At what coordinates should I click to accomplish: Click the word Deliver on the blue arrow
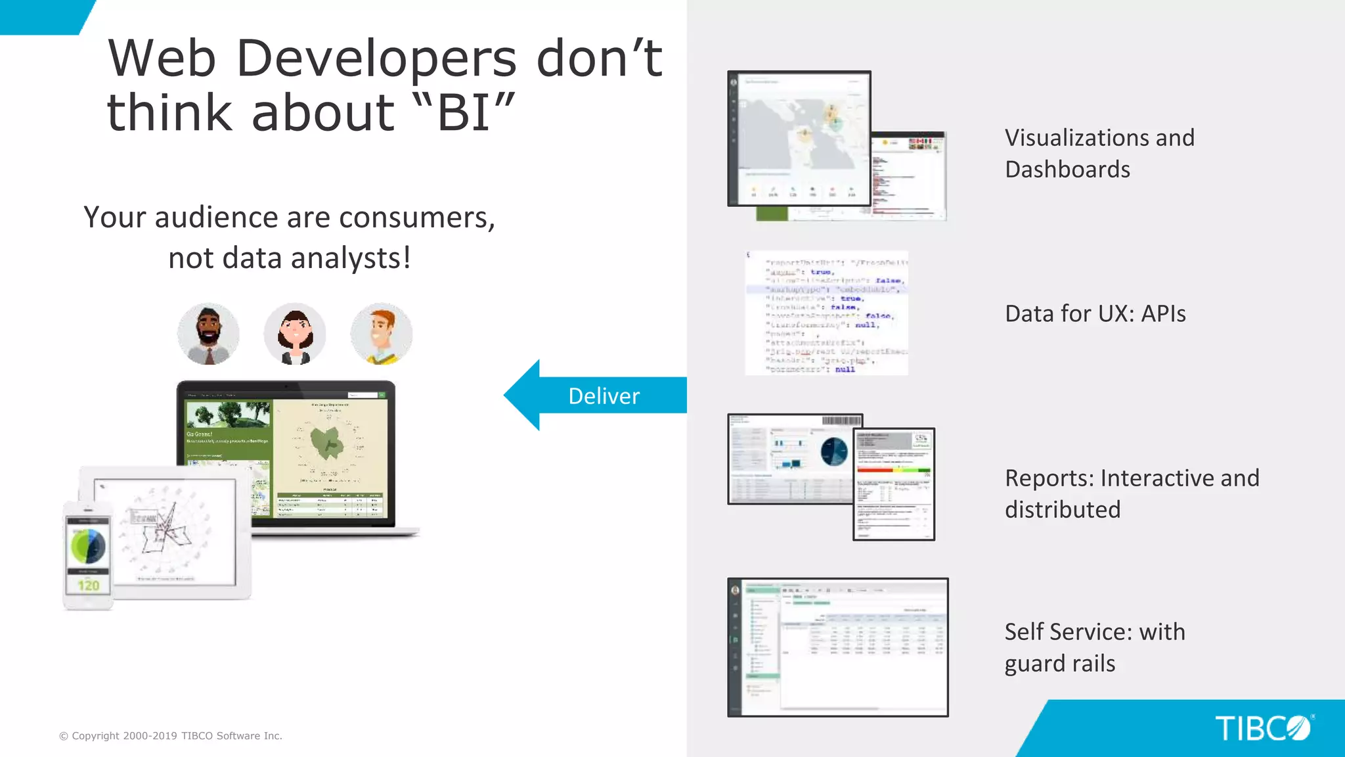[604, 396]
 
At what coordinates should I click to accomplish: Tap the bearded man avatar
[208, 334]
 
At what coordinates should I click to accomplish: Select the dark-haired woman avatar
[295, 334]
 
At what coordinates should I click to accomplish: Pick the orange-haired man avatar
[382, 334]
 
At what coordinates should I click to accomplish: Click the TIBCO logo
[1262, 728]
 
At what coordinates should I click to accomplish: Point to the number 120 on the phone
[89, 585]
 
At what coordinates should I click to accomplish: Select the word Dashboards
[1067, 170]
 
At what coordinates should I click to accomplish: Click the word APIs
[1163, 314]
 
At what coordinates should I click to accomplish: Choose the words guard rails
[1059, 664]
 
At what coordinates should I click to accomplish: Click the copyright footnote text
[171, 736]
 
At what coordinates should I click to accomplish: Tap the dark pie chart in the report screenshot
[835, 451]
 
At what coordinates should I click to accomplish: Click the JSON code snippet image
[827, 313]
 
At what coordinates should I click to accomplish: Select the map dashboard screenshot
[799, 138]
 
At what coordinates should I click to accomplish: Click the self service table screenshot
[838, 647]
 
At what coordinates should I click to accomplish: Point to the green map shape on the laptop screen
[327, 442]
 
